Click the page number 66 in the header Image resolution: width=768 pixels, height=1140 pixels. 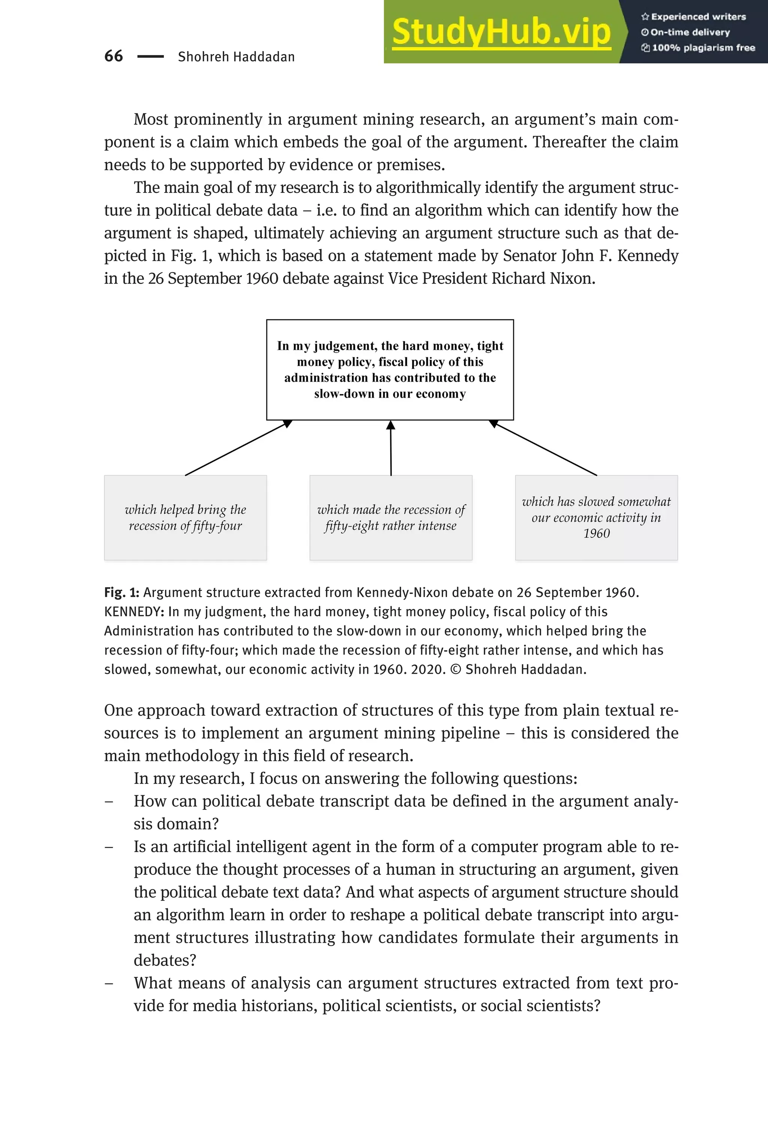coord(114,56)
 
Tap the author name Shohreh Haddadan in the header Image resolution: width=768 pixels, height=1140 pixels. coord(236,57)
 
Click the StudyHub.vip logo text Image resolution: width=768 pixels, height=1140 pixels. coord(501,32)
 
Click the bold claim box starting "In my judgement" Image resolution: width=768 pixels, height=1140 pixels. coord(390,369)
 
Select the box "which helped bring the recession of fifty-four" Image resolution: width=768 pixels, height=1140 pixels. coord(185,517)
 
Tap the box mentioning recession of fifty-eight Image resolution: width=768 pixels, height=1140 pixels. coord(391,517)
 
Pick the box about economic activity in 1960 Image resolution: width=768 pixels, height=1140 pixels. coord(596,517)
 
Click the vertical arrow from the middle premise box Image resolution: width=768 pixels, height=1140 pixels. coord(391,448)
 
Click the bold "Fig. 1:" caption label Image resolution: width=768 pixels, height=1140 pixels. coord(121,593)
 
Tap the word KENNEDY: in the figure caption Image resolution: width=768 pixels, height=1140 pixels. coord(134,612)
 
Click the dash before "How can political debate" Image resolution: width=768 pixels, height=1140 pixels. coord(109,802)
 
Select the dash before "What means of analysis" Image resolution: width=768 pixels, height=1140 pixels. coord(109,984)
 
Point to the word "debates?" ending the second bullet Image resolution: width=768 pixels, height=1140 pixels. coord(165,960)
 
